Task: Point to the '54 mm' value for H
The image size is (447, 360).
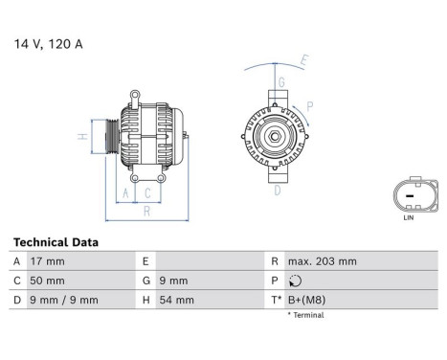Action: (x=179, y=300)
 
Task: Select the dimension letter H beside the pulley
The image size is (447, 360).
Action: (x=83, y=137)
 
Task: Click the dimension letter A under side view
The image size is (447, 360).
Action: (x=125, y=194)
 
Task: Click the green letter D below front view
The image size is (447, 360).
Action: (x=278, y=191)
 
